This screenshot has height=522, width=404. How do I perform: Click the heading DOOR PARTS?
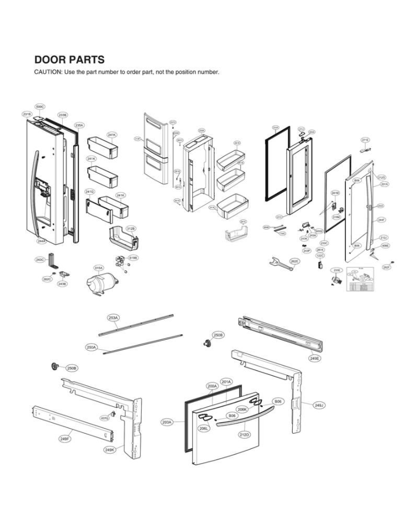tap(69, 60)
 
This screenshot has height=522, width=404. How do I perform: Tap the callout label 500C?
tap(40, 106)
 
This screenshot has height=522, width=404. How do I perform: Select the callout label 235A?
tap(79, 125)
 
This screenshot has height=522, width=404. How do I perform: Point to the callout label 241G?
tap(90, 192)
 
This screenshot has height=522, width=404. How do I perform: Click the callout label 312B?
tap(131, 229)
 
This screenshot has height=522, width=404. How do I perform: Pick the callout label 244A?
tap(41, 241)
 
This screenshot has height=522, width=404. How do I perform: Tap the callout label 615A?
tap(98, 268)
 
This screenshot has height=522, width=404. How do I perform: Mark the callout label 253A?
tap(113, 317)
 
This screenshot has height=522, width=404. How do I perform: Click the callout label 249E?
tap(315, 359)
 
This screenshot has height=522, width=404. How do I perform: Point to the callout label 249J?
tap(319, 405)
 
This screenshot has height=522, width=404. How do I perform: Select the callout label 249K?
tap(110, 449)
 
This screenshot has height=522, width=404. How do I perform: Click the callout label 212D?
tap(244, 434)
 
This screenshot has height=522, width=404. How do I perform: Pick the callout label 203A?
tap(167, 422)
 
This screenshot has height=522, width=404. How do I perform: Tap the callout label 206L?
tap(204, 428)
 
